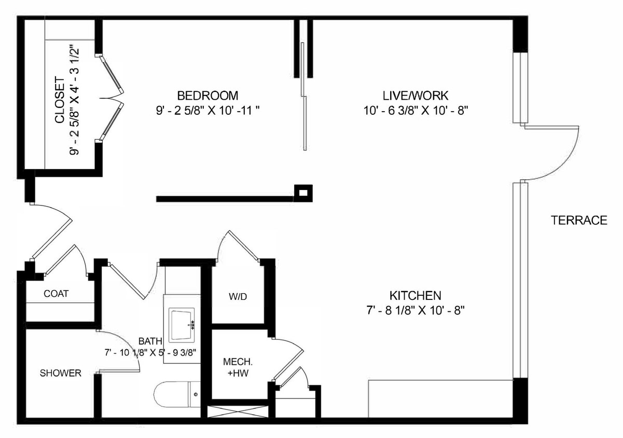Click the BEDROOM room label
pos(207,95)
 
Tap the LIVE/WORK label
pos(415,95)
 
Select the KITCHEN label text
pos(415,296)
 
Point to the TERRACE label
pos(579,221)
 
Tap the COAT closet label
pos(56,294)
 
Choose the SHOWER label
pos(61,373)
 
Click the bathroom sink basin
pos(182,324)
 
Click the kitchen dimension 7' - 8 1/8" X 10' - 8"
pos(415,311)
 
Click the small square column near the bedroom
pos(303,193)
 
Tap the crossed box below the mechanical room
pos(238,412)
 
